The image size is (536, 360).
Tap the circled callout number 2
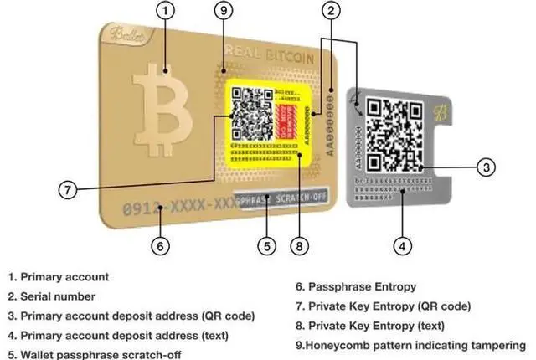point(332,11)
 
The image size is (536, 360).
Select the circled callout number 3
point(488,167)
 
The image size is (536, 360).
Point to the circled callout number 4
point(403,246)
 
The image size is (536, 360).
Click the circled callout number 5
point(266,246)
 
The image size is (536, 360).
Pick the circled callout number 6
point(162,246)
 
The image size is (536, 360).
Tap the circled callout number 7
point(70,189)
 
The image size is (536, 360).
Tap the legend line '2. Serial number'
point(52,296)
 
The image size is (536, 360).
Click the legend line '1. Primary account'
point(58,276)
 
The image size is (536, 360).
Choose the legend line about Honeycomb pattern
point(411,344)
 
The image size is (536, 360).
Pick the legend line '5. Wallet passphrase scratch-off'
point(95,354)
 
